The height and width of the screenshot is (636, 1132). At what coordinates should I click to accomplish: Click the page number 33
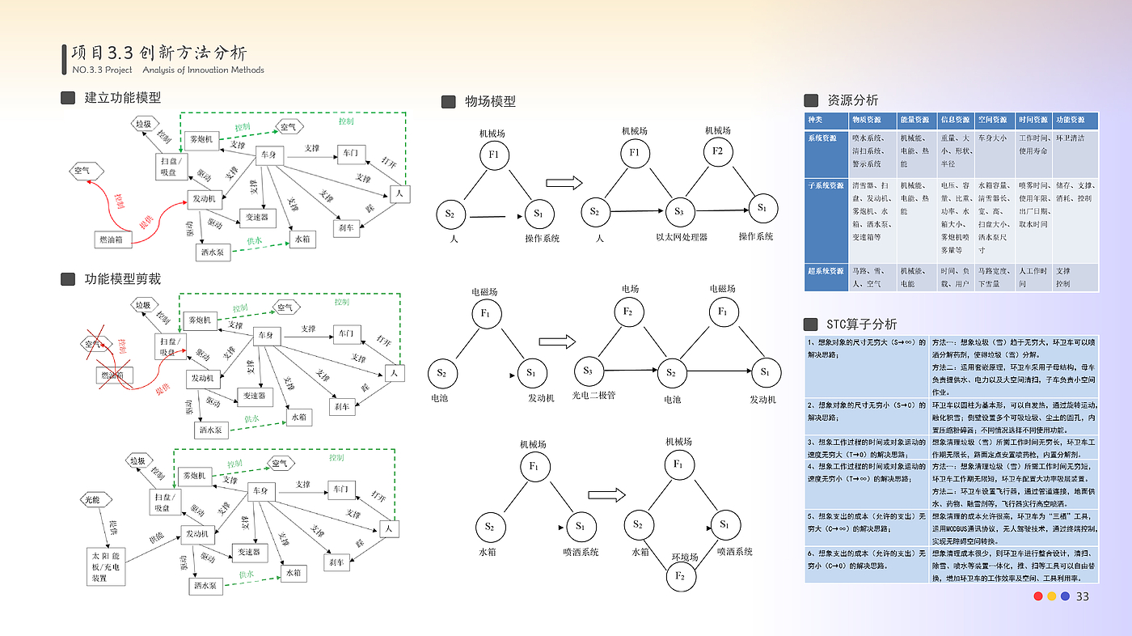[1083, 596]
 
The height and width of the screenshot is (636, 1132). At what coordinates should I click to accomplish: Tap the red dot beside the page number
[1038, 596]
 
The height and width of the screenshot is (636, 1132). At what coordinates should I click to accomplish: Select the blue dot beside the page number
[1065, 596]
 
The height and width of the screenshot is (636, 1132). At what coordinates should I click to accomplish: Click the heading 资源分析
[852, 100]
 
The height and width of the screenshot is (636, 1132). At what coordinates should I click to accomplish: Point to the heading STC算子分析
[861, 324]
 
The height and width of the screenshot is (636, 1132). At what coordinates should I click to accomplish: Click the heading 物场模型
[490, 101]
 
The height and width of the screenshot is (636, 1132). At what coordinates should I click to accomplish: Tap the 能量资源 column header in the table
[916, 120]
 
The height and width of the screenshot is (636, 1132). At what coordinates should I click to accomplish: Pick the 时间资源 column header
[1033, 120]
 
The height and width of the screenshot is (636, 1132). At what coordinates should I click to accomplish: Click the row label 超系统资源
[826, 271]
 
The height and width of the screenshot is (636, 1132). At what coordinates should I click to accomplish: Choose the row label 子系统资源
[826, 185]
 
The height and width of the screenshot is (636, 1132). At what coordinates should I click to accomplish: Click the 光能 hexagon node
[92, 501]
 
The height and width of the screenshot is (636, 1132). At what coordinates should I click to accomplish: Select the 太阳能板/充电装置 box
[108, 566]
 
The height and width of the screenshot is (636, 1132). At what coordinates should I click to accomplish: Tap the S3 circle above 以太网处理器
[679, 212]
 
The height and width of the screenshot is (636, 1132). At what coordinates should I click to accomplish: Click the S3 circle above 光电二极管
[588, 371]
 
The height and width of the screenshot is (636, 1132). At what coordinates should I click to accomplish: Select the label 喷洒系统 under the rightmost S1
[735, 552]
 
